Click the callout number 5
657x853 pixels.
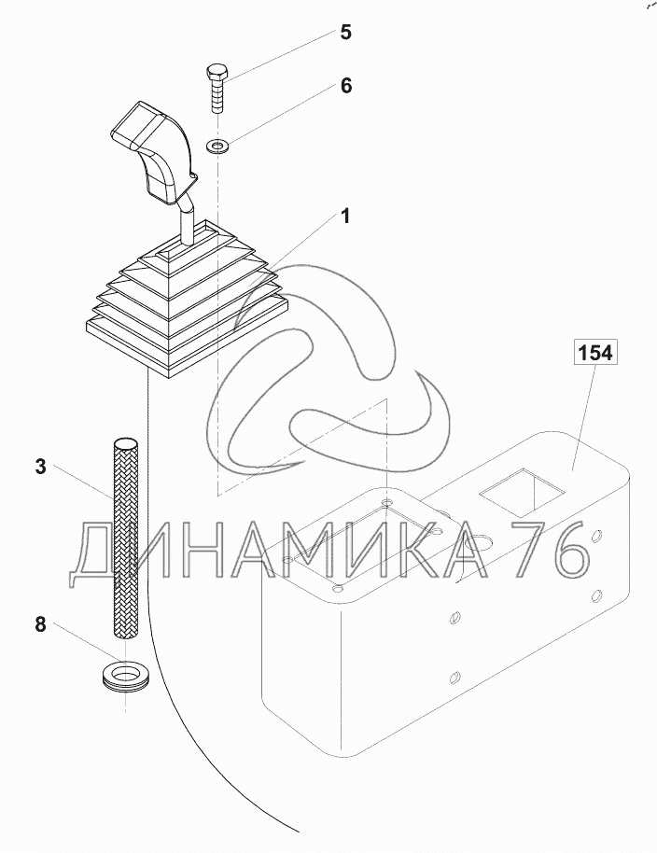(346, 33)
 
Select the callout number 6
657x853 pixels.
(346, 86)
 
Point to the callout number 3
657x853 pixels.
(41, 467)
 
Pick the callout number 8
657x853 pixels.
(41, 624)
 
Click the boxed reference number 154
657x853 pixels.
(595, 353)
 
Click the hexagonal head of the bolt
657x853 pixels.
(217, 71)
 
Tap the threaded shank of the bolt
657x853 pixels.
(217, 96)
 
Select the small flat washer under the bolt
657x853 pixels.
(219, 146)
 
